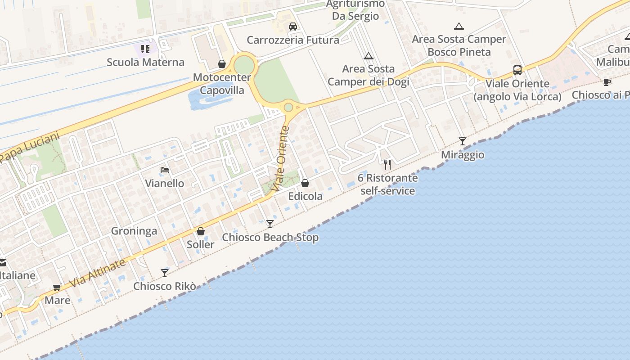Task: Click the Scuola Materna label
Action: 145,62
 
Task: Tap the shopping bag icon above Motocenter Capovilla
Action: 222,64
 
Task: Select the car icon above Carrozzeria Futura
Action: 293,27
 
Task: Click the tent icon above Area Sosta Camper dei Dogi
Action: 369,56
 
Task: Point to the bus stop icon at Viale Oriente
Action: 517,70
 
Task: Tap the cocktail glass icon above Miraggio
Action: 463,141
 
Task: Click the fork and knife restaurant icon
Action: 387,165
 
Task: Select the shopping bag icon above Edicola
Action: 305,183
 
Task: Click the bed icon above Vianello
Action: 165,170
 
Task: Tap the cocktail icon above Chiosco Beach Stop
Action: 270,224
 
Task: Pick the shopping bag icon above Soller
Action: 201,231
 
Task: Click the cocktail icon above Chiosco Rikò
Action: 165,273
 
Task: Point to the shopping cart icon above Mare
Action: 57,287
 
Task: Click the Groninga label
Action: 134,231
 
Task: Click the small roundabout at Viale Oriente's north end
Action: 288,107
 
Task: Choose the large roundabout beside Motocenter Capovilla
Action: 244,65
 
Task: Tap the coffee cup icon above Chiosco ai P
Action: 607,82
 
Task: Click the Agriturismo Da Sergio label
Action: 355,10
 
